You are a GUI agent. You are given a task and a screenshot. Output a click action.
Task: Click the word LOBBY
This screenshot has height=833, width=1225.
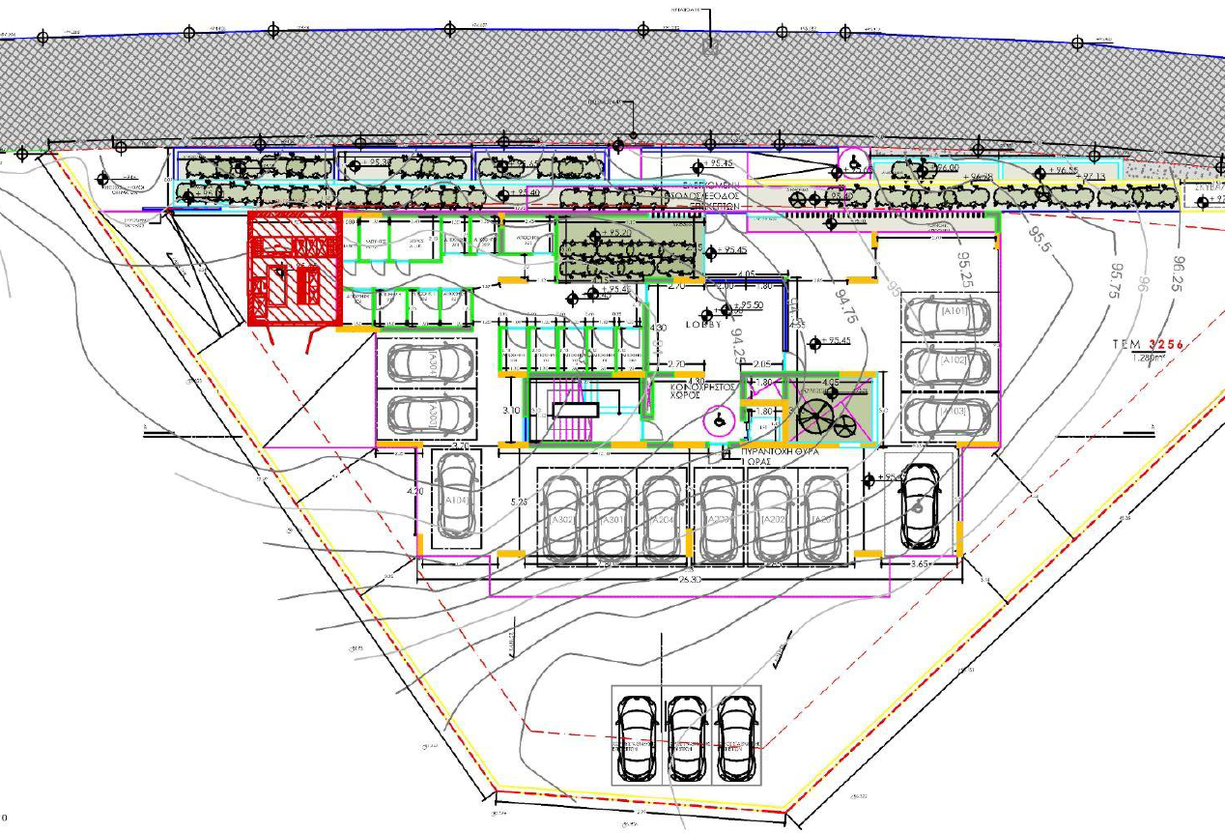704,325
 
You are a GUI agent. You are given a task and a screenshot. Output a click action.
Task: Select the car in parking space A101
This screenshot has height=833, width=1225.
946,314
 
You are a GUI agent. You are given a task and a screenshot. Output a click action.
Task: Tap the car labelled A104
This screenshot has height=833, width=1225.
454,497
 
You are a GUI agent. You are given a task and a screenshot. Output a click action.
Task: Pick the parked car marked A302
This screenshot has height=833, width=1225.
561,517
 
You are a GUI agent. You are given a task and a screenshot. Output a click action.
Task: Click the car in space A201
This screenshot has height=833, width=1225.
821,517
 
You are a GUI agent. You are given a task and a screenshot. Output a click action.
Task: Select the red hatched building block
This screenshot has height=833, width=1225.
294,271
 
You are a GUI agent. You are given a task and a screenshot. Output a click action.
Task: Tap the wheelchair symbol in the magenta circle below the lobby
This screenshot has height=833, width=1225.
718,421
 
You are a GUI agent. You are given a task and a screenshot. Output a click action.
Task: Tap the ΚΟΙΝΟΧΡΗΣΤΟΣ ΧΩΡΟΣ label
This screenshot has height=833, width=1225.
704,391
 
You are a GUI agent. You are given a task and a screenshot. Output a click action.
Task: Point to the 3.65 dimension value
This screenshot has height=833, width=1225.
921,562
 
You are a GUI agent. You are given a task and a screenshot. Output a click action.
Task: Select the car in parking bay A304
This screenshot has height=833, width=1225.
429,364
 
